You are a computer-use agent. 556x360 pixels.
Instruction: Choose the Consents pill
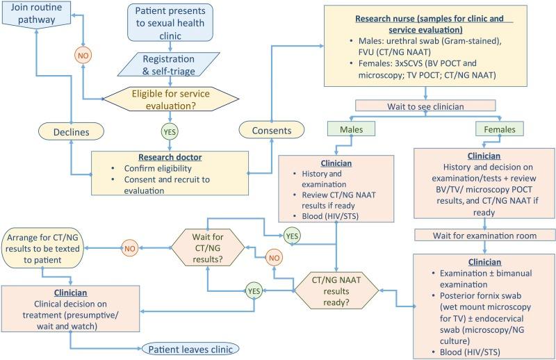click(272, 131)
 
